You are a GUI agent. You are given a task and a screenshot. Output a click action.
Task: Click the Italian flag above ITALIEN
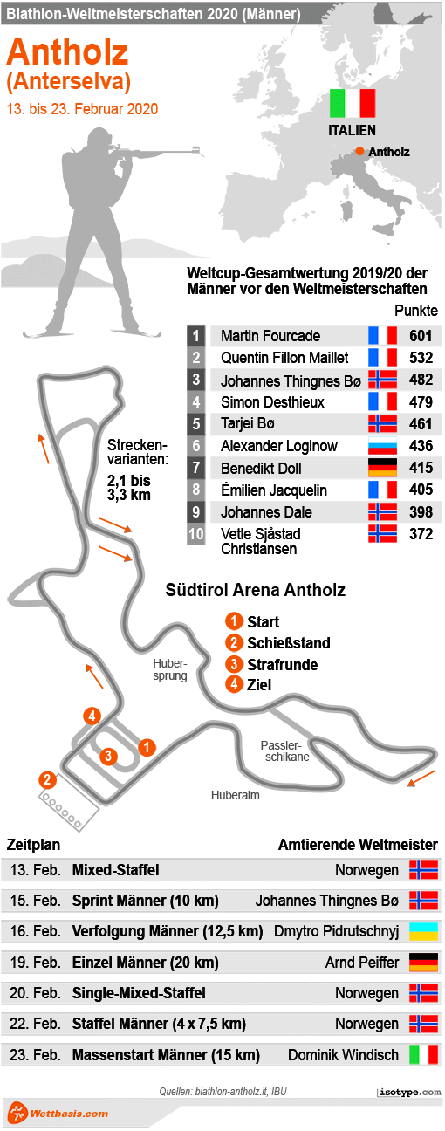point(353,103)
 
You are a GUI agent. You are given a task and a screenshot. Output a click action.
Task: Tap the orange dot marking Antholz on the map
point(359,152)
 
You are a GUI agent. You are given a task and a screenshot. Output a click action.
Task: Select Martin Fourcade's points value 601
point(421,336)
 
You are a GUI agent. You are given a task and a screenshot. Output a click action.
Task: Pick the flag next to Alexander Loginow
point(382,446)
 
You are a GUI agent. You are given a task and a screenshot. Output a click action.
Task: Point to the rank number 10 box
point(196,533)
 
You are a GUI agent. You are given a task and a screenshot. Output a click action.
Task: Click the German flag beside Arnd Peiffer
point(423,963)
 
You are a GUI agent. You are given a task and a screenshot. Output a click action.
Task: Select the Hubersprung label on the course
point(170,669)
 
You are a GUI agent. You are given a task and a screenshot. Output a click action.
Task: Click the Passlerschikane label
point(284,751)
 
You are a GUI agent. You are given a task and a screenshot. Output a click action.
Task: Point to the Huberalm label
point(235,795)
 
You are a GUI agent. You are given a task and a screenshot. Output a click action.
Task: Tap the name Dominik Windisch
point(343,1055)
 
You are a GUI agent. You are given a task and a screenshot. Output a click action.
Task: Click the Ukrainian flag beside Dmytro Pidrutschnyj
point(423,931)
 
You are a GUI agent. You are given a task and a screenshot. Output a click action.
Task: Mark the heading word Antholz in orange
point(67,52)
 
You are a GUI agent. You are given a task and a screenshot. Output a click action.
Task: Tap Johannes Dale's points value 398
point(421,511)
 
